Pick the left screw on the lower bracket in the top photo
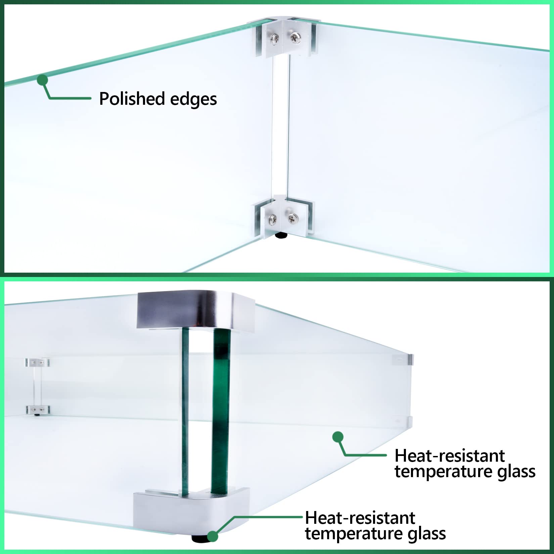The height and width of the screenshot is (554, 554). pos(272,220)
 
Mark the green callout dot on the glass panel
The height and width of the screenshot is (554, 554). pos(338,437)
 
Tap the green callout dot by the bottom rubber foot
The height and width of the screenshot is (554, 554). pos(212,536)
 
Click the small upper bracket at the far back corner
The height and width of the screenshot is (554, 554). pos(38,363)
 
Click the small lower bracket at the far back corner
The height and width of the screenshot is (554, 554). pos(38,410)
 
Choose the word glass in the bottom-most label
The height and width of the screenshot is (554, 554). pos(426,534)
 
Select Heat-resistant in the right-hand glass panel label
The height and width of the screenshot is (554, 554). pos(449,456)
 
